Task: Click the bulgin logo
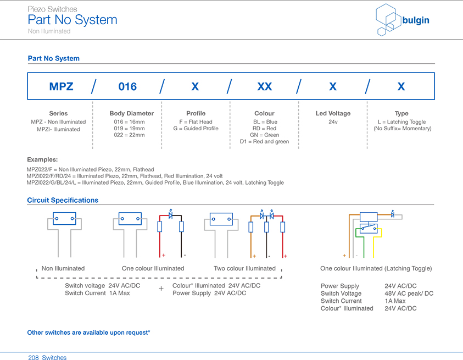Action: click(402, 21)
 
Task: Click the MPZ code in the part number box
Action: click(61, 86)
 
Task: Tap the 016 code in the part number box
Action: click(127, 86)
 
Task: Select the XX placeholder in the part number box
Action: click(264, 86)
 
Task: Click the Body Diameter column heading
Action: click(132, 113)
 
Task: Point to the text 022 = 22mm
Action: click(129, 135)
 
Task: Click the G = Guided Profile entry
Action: click(196, 129)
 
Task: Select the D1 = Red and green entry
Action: click(264, 142)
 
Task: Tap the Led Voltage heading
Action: click(333, 113)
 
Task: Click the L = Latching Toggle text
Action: click(401, 122)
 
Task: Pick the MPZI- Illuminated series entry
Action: click(58, 129)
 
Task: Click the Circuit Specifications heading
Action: click(63, 200)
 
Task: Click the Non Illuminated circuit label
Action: click(63, 268)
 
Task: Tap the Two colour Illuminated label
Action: click(244, 268)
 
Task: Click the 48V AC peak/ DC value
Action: click(409, 293)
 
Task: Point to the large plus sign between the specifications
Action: click(161, 289)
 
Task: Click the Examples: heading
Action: click(42, 159)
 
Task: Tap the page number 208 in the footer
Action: click(34, 358)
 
